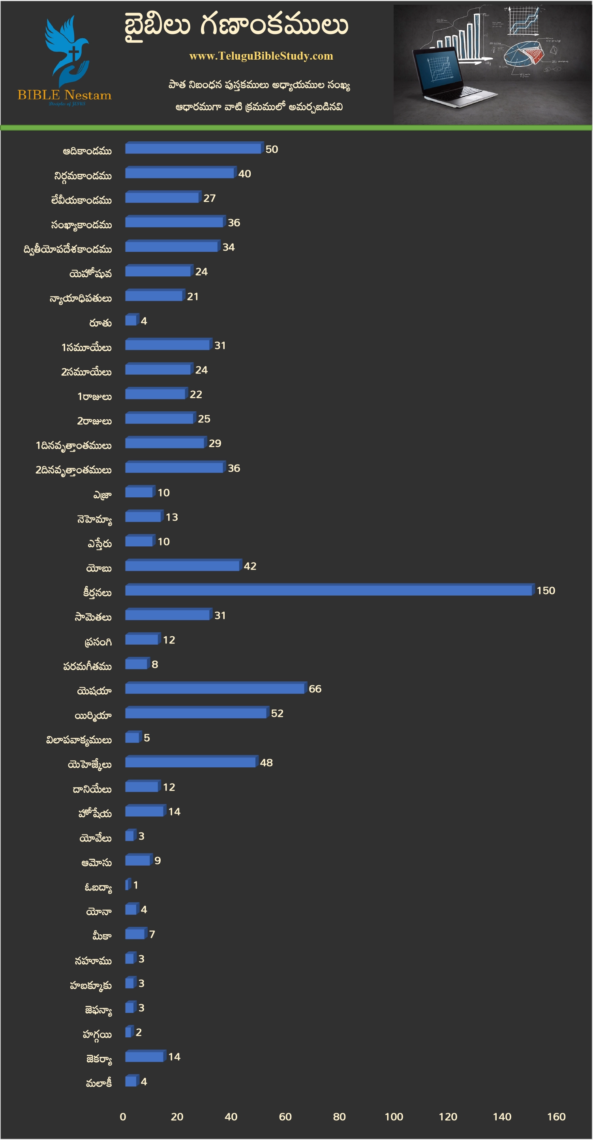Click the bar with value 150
pyautogui.click(x=329, y=591)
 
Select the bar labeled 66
pyautogui.click(x=215, y=688)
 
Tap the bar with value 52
pyautogui.click(x=196, y=713)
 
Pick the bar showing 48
pyautogui.click(x=191, y=762)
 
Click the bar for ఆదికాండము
pyautogui.click(x=193, y=149)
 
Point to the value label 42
pyautogui.click(x=250, y=566)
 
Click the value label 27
pyautogui.click(x=209, y=198)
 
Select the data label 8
pyautogui.click(x=155, y=664)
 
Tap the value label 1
pyautogui.click(x=136, y=885)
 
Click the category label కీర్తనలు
pyautogui.click(x=97, y=592)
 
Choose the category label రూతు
pyautogui.click(x=100, y=323)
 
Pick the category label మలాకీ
pyautogui.click(x=99, y=1083)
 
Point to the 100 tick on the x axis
pyautogui.click(x=393, y=1117)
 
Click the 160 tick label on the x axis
pyautogui.click(x=556, y=1117)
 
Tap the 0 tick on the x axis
pyautogui.click(x=123, y=1117)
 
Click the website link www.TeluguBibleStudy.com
pyautogui.click(x=261, y=56)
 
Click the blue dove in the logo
pyautogui.click(x=66, y=49)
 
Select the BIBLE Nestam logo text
pyautogui.click(x=65, y=95)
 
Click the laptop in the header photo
pyautogui.click(x=447, y=77)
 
